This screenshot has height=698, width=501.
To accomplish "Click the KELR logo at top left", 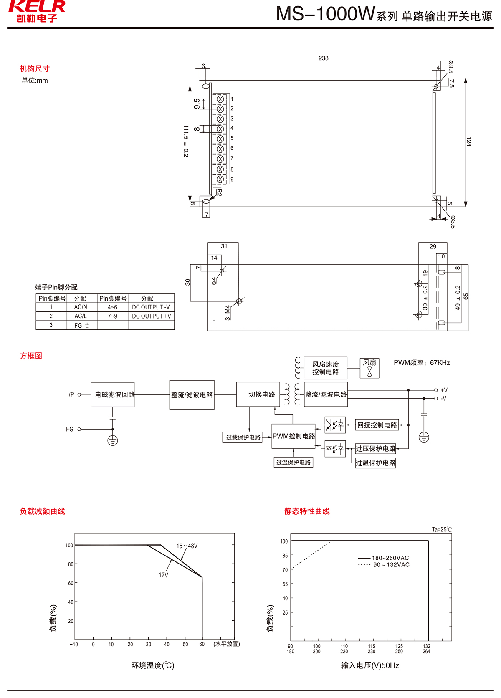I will coord(37,11).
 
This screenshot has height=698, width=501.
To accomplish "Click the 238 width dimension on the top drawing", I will coord(323,58).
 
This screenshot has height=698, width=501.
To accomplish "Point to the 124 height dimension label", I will coord(468,141).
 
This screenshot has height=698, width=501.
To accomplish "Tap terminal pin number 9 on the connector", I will coord(232,180).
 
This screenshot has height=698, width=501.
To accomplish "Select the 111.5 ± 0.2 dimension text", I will coord(186,141).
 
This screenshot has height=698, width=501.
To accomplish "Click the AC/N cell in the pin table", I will coord(81,307).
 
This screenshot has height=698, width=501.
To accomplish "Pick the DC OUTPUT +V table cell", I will coord(151,316).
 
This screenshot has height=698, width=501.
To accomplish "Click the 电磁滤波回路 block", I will coord(113,395).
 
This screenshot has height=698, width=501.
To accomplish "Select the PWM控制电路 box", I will coord(294,436).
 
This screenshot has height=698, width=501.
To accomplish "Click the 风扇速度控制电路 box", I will coord(326,368).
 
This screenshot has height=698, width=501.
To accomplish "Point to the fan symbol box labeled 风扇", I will coord(369,368).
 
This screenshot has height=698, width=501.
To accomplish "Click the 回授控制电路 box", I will coord(377,425).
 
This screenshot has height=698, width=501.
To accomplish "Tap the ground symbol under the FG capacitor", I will coord(113,440).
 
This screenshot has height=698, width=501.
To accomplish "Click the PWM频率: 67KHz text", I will coord(422,363).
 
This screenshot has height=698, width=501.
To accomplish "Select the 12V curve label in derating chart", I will coord(163,575).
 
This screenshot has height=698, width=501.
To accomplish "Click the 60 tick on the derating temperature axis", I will coord(202,644).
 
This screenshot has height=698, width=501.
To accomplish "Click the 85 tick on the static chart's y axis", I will coord(285,555).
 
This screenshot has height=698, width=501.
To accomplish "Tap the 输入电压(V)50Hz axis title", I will coord(370,665).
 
